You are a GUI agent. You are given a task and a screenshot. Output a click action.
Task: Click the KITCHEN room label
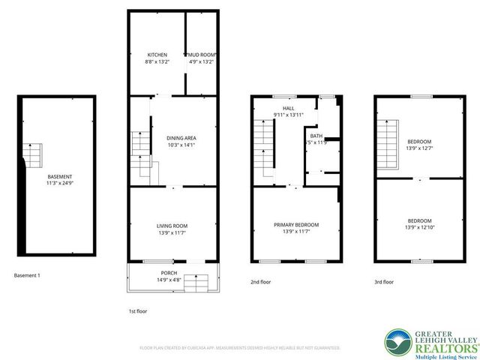[157, 55]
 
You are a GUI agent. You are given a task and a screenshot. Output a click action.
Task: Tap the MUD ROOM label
[202, 55]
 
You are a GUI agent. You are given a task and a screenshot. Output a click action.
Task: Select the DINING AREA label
[181, 138]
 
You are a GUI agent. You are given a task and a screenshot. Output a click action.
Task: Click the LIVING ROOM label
[172, 226]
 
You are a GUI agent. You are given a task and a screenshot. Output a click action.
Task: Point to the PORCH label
[169, 272]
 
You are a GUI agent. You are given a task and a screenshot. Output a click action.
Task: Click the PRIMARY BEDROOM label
[296, 225]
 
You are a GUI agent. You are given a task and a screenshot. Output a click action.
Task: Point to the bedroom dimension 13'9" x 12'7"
[419, 148]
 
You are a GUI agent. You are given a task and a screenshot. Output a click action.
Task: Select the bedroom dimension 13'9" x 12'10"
[419, 226]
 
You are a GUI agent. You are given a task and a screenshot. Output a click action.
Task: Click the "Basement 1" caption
[27, 275]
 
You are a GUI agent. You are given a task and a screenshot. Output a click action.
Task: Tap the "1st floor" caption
[139, 310]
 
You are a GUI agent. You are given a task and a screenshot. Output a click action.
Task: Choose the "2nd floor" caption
[261, 283]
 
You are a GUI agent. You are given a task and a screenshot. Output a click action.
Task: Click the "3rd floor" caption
[384, 283]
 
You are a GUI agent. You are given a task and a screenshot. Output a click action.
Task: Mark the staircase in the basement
[32, 154]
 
